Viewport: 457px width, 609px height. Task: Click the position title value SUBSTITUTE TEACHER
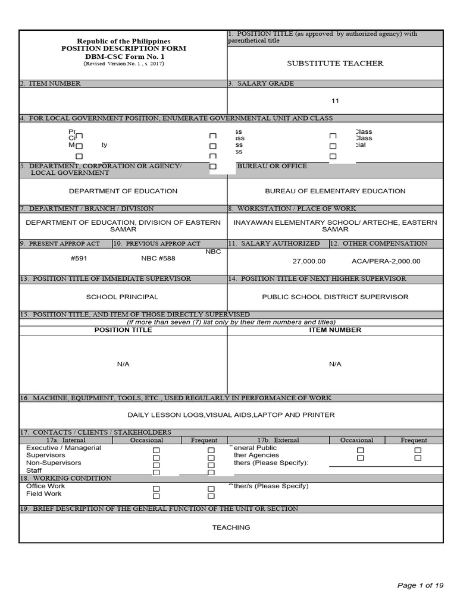[x=335, y=63]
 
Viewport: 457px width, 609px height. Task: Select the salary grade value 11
[x=335, y=101]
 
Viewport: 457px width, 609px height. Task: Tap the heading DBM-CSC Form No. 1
[x=123, y=56]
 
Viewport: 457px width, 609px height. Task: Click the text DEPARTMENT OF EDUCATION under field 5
[x=123, y=191]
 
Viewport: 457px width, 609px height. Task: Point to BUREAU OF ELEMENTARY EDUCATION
[x=335, y=191]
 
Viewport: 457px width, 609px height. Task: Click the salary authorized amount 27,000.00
[x=309, y=261]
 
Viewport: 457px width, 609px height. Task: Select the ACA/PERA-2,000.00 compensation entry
[x=386, y=261]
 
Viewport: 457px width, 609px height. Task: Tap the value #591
[x=79, y=259]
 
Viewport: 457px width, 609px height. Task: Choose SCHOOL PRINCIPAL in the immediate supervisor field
[x=122, y=297]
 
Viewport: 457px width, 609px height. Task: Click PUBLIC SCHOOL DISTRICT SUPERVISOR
[x=335, y=297]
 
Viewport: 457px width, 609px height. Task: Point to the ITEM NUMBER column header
[x=335, y=330]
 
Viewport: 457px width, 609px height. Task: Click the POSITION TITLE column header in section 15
[x=123, y=330]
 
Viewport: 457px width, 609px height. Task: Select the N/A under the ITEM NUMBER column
[x=335, y=364]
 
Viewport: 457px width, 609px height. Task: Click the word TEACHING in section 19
[x=231, y=528]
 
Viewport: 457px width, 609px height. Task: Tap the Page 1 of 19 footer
[x=420, y=585]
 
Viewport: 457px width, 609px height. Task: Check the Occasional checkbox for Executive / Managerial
[x=156, y=450]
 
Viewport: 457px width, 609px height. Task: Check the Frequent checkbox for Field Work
[x=211, y=496]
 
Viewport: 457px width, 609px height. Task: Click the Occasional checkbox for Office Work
[x=156, y=488]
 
